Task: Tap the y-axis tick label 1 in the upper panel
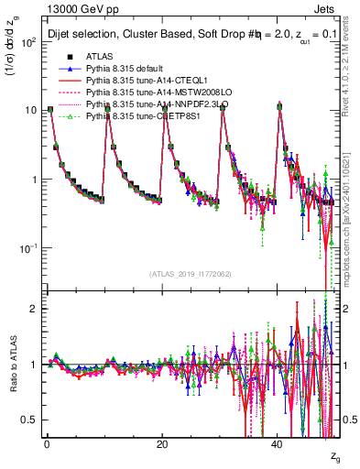click(31, 180)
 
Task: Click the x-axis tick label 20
click(162, 444)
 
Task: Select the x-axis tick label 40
click(277, 444)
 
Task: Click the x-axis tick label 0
click(47, 444)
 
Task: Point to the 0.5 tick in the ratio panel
click(27, 420)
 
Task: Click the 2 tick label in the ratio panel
click(31, 308)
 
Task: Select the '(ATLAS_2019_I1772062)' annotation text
click(191, 274)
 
